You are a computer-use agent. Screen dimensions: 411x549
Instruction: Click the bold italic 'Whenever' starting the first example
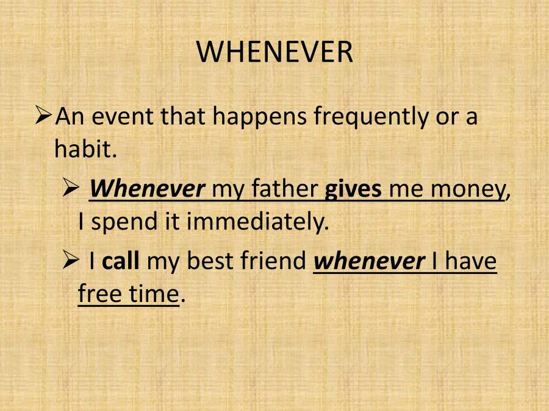[x=147, y=189]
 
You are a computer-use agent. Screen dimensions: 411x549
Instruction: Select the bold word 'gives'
[x=353, y=189]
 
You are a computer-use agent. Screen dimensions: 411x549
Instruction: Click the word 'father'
[x=284, y=189]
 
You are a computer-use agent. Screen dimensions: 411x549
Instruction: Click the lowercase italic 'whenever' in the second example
[x=368, y=261]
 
